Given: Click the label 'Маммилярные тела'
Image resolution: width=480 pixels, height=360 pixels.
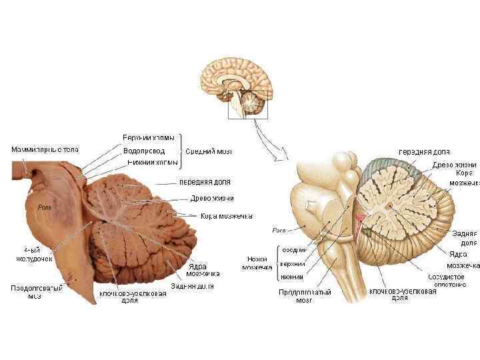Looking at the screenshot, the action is click(45, 149).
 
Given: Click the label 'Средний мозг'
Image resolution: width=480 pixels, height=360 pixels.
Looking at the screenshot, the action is click(208, 150).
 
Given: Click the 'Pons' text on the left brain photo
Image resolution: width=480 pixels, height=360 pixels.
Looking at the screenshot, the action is click(45, 207).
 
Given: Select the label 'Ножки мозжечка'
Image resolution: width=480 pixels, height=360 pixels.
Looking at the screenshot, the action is click(257, 263).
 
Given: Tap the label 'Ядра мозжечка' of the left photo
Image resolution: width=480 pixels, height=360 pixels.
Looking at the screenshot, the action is click(199, 270).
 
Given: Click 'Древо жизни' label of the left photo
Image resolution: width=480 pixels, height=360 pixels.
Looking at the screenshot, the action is click(212, 197).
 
